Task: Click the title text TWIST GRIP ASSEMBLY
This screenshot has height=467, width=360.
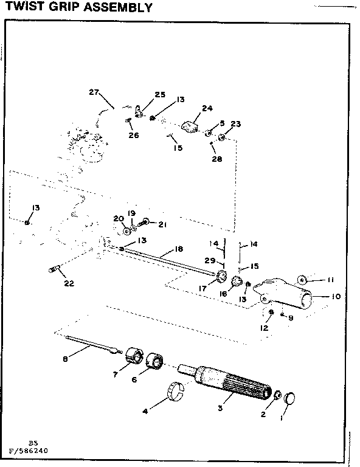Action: coord(75,8)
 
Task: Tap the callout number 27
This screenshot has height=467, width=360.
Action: coord(94,92)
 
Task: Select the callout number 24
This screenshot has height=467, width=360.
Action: coord(207,108)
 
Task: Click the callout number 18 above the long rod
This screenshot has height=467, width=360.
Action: coord(178,249)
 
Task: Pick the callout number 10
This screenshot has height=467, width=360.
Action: coord(336,297)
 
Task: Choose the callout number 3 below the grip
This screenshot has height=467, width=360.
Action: coord(222,402)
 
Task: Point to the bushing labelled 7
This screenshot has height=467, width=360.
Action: coord(133,355)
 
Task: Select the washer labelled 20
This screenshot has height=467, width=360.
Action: coord(125,231)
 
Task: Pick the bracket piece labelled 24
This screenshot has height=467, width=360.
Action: coord(192,126)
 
